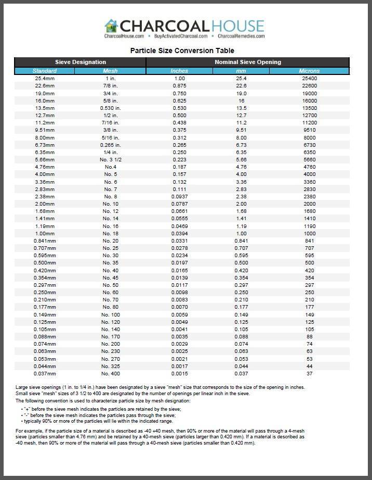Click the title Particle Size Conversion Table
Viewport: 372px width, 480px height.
point(182,50)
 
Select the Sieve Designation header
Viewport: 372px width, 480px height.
point(81,62)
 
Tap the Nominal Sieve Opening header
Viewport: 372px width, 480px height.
point(247,62)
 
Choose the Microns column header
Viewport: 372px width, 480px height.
point(309,71)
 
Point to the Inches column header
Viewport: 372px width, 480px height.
point(179,71)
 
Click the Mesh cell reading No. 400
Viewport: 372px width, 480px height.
point(111,374)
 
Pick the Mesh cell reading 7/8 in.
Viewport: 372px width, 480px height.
point(111,86)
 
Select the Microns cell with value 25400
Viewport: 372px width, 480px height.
point(309,79)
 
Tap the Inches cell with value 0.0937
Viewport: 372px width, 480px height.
point(179,197)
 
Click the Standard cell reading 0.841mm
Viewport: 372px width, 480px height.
point(44,241)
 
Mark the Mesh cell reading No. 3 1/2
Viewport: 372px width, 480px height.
point(111,160)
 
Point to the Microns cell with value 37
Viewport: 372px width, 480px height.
point(309,374)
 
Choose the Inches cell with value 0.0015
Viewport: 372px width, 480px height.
point(179,374)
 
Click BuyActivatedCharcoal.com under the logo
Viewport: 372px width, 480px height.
point(181,36)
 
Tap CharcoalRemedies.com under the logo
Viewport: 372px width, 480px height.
point(241,36)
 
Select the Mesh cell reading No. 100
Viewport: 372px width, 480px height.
point(111,315)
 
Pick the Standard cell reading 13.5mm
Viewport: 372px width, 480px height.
point(44,108)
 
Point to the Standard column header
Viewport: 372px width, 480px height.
point(44,71)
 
